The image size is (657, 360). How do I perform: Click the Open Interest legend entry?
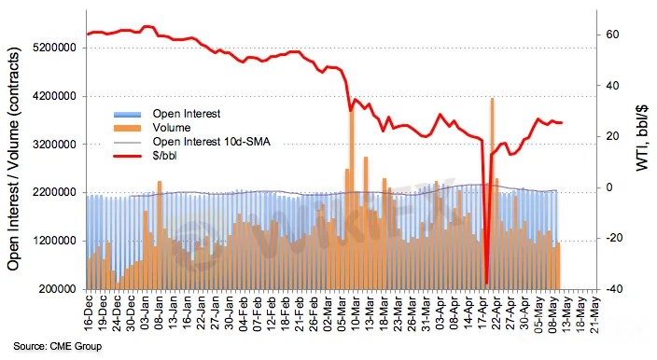pos(167,114)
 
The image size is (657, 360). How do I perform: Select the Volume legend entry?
pos(152,128)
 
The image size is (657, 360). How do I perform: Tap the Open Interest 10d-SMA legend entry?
pos(192,142)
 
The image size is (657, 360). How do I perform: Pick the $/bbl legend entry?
pos(146,156)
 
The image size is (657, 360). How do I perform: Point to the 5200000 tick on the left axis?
pos(54,48)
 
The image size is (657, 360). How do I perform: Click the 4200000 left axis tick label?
pos(54,96)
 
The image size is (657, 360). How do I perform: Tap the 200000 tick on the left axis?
pos(58,289)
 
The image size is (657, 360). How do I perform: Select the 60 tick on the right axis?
pos(612,35)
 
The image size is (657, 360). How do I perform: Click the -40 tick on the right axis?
pos(610,289)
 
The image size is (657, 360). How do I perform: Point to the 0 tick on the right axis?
pos(609,187)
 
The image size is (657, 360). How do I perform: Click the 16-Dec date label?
pos(89,314)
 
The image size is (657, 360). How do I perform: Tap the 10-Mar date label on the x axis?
pos(356,314)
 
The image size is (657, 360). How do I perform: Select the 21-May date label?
pos(595,314)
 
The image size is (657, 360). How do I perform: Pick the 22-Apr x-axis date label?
pos(496,314)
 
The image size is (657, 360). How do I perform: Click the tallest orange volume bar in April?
pos(493,193)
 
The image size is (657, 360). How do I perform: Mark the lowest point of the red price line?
pos(486,284)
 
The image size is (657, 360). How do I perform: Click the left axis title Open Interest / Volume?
pos(14,159)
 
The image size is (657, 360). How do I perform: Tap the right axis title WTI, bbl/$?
pos(642,138)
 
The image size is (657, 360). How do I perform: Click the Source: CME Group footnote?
pos(58,346)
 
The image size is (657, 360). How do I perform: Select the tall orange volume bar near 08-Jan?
pos(160,235)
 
